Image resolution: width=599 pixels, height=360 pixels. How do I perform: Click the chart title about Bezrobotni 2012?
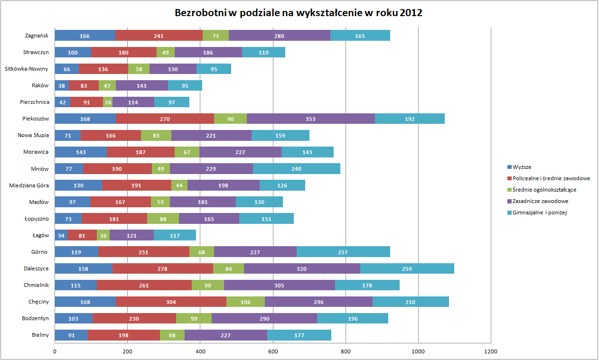[x=299, y=13]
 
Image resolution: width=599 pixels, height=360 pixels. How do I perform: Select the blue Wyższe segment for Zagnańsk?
[x=85, y=36]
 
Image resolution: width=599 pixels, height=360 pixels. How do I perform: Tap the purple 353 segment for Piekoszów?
[x=310, y=119]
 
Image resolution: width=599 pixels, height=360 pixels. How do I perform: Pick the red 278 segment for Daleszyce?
[x=163, y=268]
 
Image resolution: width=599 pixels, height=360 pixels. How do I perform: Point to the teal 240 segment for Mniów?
[x=297, y=168]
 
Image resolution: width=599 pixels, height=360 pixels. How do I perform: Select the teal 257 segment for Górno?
[x=343, y=252]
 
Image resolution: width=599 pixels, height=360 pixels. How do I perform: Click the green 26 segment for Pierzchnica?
[x=108, y=102]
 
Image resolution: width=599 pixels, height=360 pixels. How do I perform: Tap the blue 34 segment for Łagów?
[x=61, y=235]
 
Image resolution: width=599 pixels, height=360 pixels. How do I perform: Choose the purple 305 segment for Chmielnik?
[x=279, y=285]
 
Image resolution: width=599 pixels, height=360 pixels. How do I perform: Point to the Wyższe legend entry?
[x=523, y=167]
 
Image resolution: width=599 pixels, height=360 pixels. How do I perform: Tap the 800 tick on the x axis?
[x=346, y=351]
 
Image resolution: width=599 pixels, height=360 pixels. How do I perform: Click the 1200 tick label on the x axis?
[x=491, y=351]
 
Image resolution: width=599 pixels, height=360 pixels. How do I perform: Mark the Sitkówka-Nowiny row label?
[x=26, y=69]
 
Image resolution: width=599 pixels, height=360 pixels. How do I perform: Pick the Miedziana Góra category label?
[x=29, y=185]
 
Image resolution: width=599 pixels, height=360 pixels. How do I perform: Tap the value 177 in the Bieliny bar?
[x=299, y=335]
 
